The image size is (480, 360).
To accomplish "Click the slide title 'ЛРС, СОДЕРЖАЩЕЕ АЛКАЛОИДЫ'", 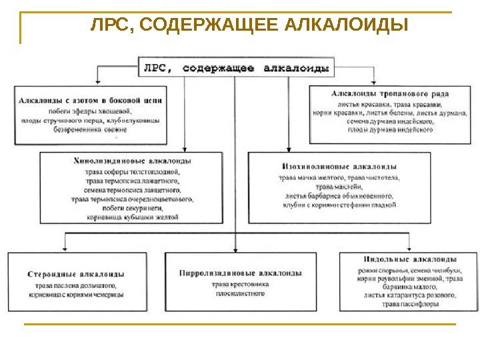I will pos(249,27).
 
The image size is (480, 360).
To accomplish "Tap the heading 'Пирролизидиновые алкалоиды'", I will pos(241,273).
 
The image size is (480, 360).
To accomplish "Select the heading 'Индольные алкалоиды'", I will pos(409,259).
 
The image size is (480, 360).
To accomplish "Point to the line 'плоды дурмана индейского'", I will pos(391,131).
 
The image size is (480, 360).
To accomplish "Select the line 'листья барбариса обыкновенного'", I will pos(339,196).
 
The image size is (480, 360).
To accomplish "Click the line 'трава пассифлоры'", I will pos(410,304).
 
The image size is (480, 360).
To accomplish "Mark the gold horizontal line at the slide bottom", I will pos(239,324).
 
